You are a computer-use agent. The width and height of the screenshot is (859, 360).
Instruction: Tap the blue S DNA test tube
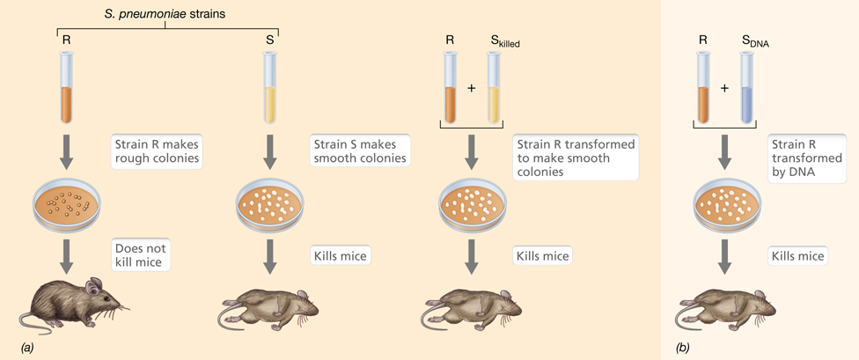point(747,88)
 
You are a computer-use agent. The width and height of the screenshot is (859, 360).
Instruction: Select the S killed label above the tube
point(504,42)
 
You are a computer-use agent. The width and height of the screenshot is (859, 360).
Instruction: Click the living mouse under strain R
point(75,302)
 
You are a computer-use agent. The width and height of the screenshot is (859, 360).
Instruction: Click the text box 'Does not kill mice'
point(140,254)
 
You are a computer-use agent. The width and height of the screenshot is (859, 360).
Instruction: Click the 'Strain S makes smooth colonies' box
point(361,151)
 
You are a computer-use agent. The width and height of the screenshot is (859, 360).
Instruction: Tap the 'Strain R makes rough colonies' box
point(158,151)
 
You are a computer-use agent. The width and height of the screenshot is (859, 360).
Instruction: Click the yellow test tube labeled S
point(269,88)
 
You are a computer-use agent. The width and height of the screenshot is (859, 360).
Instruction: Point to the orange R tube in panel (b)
point(703,88)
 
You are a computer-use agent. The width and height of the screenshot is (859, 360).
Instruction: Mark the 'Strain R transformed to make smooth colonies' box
point(576,158)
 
